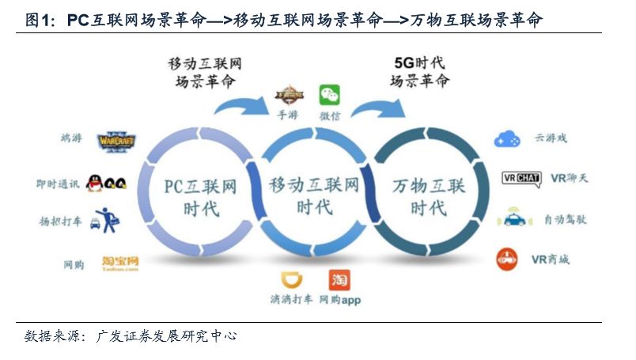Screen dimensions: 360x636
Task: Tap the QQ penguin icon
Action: pos(105,184)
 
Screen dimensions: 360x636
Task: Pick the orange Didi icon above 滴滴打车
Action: pos(293,281)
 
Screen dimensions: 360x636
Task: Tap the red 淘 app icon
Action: pos(339,280)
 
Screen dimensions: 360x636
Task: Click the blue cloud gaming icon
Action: pos(507,139)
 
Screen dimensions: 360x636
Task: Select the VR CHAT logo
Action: pos(521,178)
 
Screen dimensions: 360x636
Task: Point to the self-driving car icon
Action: pos(510,218)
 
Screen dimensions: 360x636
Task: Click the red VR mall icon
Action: pos(507,259)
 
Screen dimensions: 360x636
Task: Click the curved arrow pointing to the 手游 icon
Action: pos(242,107)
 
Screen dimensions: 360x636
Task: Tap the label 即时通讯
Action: pos(58,184)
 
